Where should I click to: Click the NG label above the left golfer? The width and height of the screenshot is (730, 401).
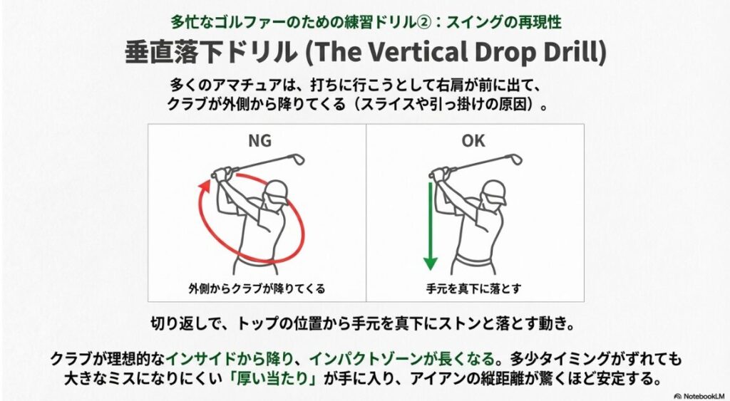[259, 141]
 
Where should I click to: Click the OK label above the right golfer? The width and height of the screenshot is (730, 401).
[473, 141]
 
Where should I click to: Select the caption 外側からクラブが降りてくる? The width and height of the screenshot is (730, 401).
[257, 288]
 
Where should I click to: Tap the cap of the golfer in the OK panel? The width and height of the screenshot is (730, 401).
[491, 188]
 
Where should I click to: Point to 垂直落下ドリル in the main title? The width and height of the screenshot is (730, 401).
[193, 53]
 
